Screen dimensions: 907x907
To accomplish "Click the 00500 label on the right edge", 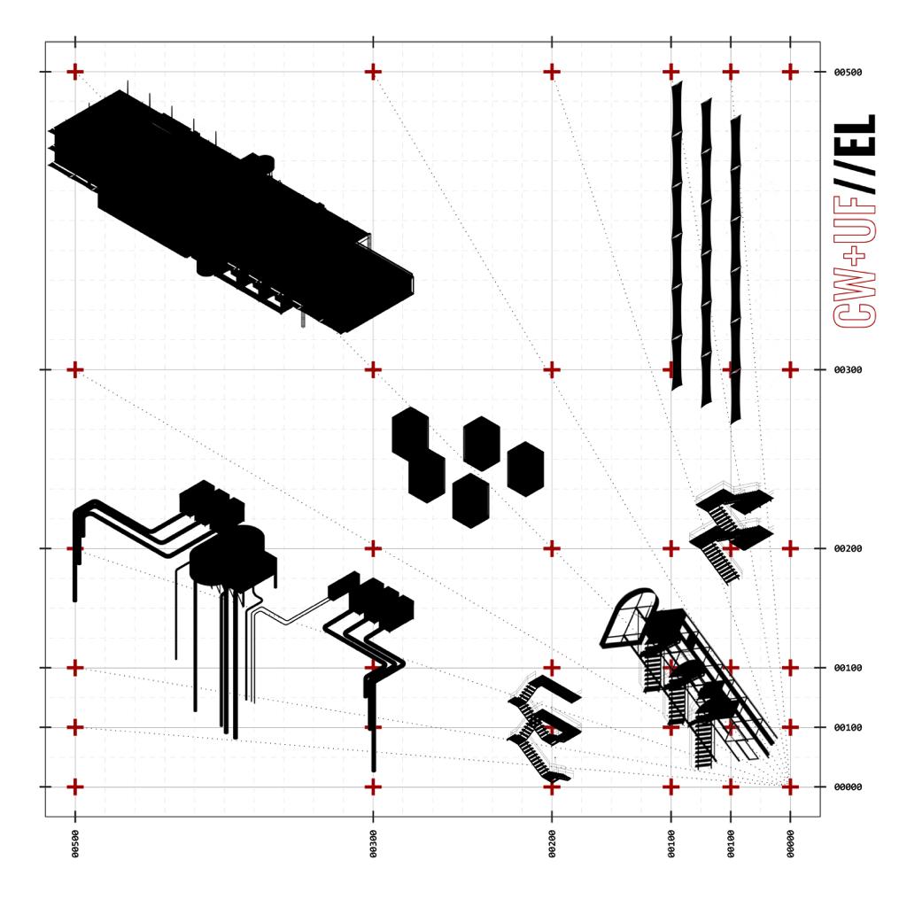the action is click(x=848, y=73).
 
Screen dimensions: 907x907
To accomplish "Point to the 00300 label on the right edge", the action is click(x=848, y=369).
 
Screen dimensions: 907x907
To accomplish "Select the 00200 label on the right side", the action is click(x=848, y=548).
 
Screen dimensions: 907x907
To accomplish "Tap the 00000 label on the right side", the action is click(x=848, y=787).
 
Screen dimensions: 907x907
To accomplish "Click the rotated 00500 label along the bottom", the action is click(x=75, y=843).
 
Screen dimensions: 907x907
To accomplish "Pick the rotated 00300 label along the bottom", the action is click(x=373, y=843).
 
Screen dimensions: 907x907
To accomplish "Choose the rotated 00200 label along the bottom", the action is click(x=552, y=843).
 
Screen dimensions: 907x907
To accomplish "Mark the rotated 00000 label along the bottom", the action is click(x=790, y=843).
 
